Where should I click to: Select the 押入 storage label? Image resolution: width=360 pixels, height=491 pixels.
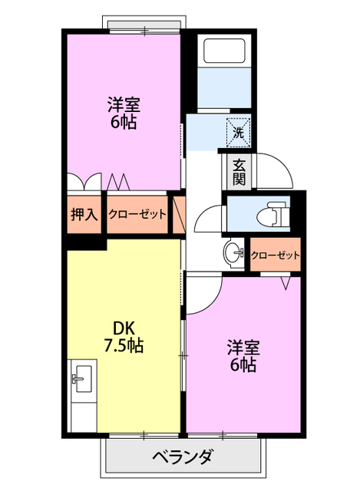84,214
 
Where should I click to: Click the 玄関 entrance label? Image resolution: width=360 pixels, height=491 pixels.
239,172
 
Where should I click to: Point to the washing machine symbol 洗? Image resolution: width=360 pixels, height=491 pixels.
238,132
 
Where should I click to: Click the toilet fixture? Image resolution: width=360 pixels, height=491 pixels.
272,215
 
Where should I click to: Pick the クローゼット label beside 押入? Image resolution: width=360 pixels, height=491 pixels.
137,214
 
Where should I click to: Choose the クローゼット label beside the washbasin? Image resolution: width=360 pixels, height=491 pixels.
275,255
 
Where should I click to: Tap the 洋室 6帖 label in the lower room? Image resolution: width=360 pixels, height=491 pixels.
242,354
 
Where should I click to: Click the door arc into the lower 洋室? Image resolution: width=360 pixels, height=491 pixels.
201,295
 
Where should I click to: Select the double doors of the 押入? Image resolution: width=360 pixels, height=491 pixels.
83,182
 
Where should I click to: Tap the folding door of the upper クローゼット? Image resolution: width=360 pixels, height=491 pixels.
119,182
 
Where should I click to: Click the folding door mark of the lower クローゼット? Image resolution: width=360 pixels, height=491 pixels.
286,282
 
